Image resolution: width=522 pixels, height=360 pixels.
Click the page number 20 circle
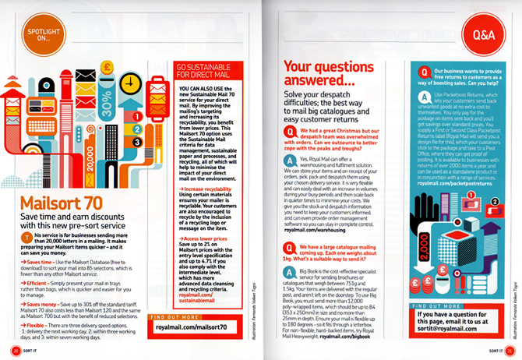(x=16, y=350)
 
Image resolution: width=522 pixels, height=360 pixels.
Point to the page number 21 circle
(x=506, y=350)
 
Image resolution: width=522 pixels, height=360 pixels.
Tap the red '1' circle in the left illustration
(x=138, y=116)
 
